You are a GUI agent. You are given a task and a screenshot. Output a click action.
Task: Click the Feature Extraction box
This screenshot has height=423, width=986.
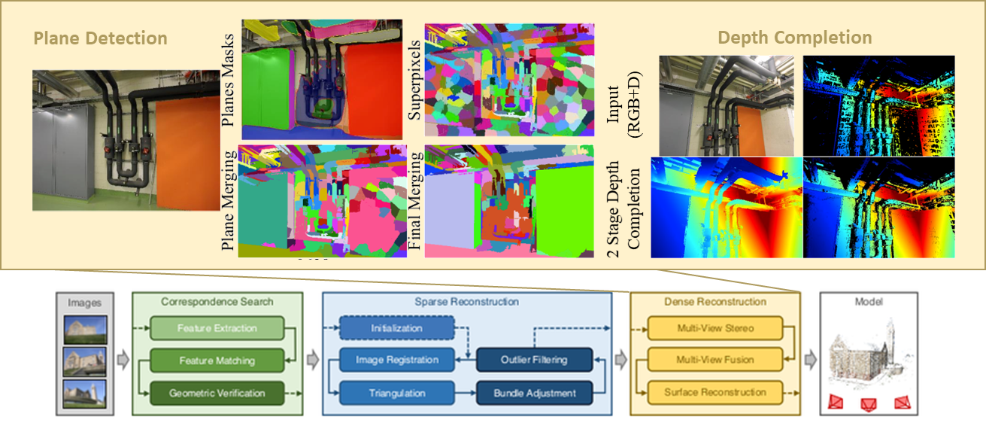[x=217, y=328]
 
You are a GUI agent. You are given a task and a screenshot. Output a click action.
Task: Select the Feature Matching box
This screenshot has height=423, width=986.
[x=217, y=361]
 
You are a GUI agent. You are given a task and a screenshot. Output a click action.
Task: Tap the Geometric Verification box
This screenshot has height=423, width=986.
[x=217, y=393]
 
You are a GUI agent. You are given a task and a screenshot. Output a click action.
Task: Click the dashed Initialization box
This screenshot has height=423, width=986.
[x=396, y=328]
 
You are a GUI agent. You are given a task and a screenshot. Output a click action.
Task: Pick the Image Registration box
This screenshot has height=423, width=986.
[x=396, y=360]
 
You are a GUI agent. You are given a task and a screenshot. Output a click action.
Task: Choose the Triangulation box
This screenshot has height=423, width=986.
[x=396, y=393]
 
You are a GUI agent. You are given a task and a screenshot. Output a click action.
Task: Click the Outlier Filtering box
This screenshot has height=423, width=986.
[x=535, y=360]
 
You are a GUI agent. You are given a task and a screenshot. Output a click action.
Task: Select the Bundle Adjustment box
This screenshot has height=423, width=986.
[x=535, y=393]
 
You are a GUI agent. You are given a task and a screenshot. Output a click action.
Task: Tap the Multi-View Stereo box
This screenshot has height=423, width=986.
[x=715, y=328]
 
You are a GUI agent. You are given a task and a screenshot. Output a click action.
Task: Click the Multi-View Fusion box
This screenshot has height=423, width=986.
[x=715, y=360]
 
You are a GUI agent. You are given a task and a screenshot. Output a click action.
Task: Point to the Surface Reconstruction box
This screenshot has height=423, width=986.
[x=715, y=392]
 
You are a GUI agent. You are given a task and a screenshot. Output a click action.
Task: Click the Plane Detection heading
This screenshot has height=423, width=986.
[x=100, y=38]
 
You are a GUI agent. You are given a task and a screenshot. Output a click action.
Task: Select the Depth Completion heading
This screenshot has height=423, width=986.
[x=795, y=38]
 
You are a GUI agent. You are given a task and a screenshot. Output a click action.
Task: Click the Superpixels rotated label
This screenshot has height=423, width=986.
[x=414, y=81]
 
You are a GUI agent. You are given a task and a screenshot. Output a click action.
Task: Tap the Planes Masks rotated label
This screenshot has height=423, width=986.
[x=227, y=81]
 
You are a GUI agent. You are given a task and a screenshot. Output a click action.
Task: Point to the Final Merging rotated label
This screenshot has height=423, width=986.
[x=414, y=201]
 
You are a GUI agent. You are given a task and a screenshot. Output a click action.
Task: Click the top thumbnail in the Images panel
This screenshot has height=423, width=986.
[x=85, y=329]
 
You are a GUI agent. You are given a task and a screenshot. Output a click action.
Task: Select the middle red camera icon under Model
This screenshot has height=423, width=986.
[x=868, y=404]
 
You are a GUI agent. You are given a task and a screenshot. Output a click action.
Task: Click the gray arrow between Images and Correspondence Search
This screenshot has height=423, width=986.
[x=123, y=360]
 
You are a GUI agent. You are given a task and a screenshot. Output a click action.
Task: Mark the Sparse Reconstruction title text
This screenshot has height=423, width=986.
[x=466, y=302]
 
